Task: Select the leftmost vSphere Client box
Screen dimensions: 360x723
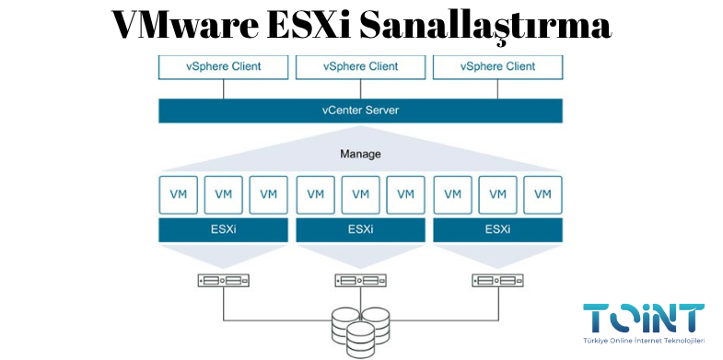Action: pos(223,67)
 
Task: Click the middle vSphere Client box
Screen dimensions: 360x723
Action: pos(360,67)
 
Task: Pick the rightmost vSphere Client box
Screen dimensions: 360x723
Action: pos(497,67)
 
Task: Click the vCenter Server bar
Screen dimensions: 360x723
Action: pos(360,110)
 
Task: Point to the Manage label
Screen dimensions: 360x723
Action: pos(360,154)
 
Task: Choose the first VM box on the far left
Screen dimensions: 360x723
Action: pos(178,194)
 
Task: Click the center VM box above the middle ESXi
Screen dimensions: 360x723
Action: pos(360,194)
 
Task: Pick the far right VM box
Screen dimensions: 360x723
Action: pos(542,194)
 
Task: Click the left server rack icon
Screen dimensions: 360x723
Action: pos(223,281)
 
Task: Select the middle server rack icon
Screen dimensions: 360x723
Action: pos(360,281)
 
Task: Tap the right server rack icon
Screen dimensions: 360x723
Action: pos(497,281)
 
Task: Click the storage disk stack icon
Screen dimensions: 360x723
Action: pos(360,329)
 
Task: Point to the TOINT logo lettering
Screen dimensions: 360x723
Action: pos(644,318)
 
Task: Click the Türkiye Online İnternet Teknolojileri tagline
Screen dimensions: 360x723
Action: pos(644,342)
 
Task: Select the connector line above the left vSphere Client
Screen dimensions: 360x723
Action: pos(223,88)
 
